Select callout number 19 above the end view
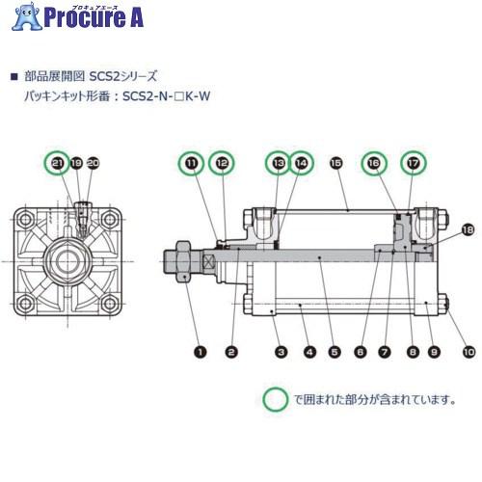(x=75, y=166)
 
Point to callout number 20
(x=93, y=166)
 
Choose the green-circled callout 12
(x=221, y=166)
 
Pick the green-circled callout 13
(x=278, y=166)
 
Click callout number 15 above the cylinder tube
(x=335, y=166)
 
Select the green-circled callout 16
(x=374, y=166)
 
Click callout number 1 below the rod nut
(x=200, y=353)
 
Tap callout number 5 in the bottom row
(x=334, y=353)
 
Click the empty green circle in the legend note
(x=278, y=396)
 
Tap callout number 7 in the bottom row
(x=386, y=353)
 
